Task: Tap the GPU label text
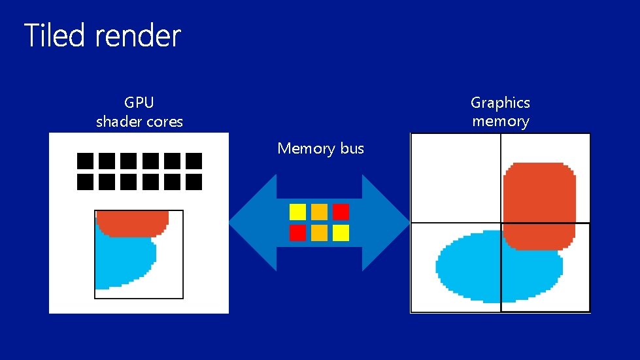[139, 102]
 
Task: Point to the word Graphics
[500, 103]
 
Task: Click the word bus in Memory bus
[352, 149]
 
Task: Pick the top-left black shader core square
[86, 161]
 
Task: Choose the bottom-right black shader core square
[194, 182]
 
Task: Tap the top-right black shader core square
[194, 161]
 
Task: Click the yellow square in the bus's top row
[297, 212]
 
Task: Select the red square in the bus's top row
[341, 212]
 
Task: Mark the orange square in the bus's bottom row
[319, 233]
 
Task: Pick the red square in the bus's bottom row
[297, 233]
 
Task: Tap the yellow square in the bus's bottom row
[341, 233]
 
